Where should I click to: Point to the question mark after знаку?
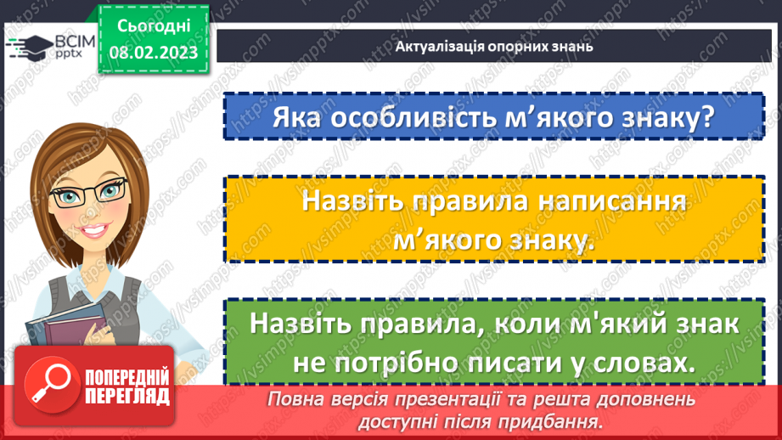[704, 116]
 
